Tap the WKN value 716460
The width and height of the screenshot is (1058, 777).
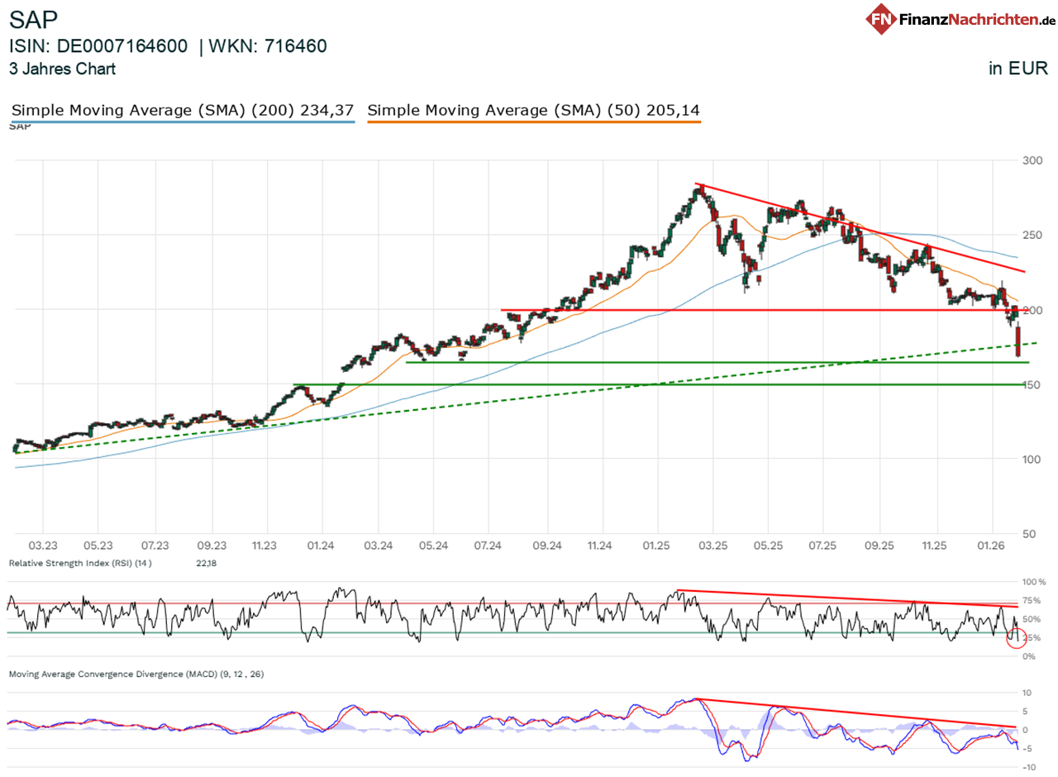tap(295, 46)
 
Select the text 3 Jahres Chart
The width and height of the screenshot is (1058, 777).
tap(62, 69)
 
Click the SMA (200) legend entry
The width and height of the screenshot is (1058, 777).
tap(183, 110)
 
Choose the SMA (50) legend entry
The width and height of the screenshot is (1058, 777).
tap(533, 110)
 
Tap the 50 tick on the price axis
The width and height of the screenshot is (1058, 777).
tap(1029, 534)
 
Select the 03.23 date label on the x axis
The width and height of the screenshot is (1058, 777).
tap(43, 546)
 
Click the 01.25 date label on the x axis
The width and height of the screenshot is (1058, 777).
tap(656, 546)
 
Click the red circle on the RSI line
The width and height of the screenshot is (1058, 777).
tap(1016, 638)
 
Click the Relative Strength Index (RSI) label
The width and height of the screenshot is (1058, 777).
tap(79, 563)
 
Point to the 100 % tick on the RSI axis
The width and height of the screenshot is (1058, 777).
tap(1034, 582)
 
